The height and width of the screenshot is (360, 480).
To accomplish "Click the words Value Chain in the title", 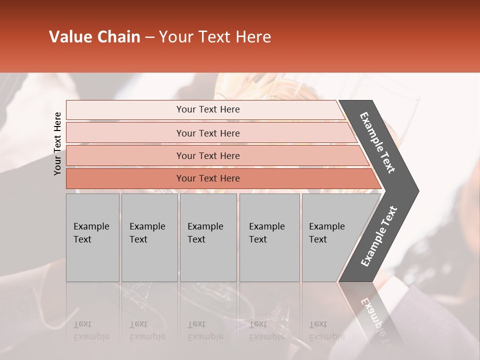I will pos(94,37).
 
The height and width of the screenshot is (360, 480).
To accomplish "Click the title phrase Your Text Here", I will pos(215,37).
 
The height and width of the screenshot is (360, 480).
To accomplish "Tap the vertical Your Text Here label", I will pos(57,143).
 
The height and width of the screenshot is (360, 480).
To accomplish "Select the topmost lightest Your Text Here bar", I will pos(208,109).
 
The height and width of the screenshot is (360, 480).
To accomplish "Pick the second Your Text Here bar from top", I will pos(208,133).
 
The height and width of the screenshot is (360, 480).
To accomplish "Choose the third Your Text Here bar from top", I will pos(208,155).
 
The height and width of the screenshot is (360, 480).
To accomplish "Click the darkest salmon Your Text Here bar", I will pos(208,178).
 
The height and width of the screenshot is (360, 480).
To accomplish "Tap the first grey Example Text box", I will pos(92,237).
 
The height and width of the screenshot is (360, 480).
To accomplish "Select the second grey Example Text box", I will pos(149,237).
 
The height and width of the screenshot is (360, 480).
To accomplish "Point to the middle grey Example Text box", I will pos(208,237).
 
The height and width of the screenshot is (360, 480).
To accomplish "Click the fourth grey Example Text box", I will pos(269,237).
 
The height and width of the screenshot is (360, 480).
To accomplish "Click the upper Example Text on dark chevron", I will pos(378,142).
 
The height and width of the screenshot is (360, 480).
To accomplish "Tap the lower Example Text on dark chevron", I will pos(378,236).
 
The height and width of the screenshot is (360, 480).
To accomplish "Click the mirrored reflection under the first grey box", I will pos(91,330).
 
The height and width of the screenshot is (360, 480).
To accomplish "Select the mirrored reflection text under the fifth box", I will pos(326,330).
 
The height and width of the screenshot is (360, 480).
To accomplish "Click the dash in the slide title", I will pos(149,37).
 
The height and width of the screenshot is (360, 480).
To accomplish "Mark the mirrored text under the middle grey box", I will pos(205,330).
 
